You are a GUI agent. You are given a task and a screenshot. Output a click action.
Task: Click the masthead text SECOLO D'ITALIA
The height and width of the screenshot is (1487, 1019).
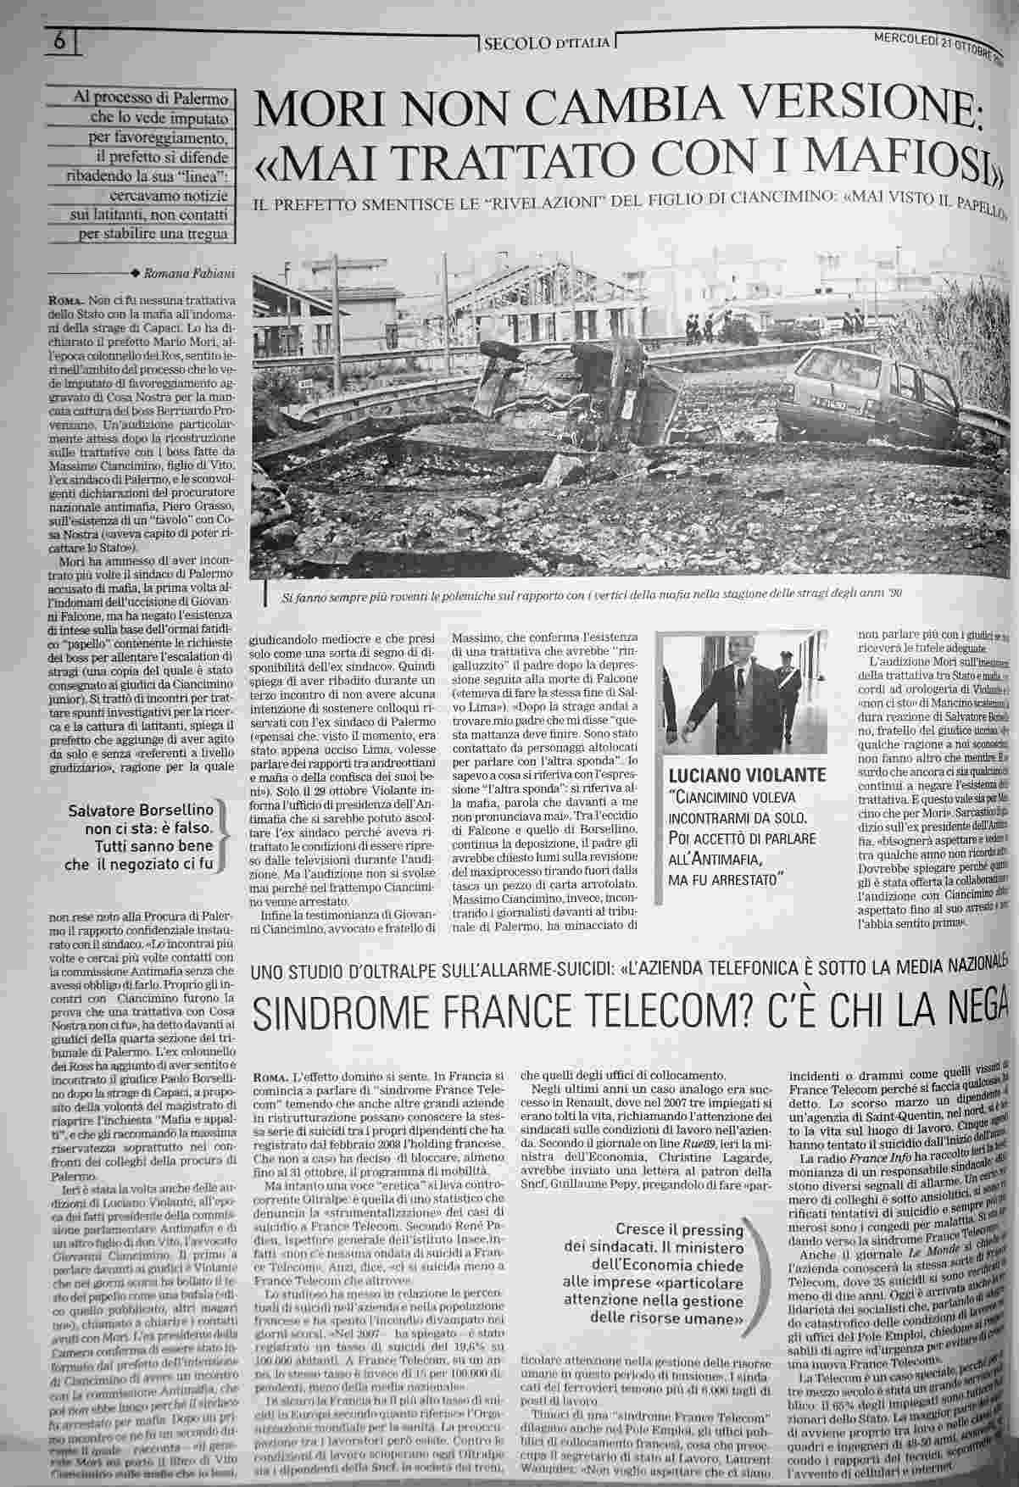(546, 42)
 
